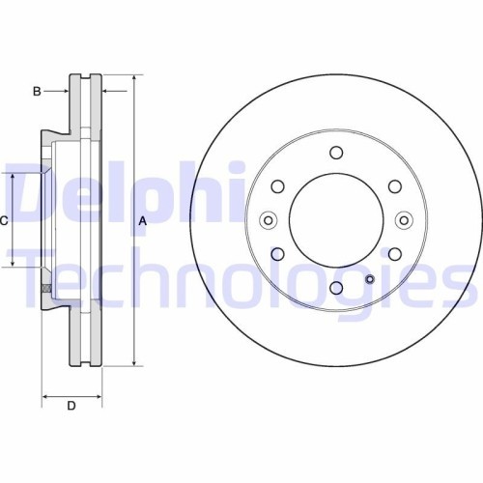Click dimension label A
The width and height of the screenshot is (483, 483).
(x=143, y=221)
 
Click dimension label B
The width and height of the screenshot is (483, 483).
(x=37, y=92)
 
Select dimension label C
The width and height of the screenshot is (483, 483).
(x=5, y=221)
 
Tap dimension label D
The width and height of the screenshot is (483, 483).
(x=71, y=405)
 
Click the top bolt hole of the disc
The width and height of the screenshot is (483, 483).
(x=335, y=153)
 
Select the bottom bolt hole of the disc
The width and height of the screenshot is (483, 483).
(x=335, y=288)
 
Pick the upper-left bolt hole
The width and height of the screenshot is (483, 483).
(x=277, y=186)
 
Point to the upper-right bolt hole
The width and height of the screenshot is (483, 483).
(x=394, y=186)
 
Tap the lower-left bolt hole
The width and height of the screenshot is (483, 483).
(x=277, y=254)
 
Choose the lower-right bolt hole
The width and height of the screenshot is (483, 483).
(x=394, y=254)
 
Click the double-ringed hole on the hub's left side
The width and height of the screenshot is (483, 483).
(x=268, y=220)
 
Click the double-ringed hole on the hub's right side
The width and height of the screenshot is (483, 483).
(x=404, y=220)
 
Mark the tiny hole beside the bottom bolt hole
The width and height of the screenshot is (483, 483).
(x=369, y=282)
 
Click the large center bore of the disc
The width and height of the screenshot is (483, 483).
(x=335, y=220)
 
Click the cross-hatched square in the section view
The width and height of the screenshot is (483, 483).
(x=44, y=288)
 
